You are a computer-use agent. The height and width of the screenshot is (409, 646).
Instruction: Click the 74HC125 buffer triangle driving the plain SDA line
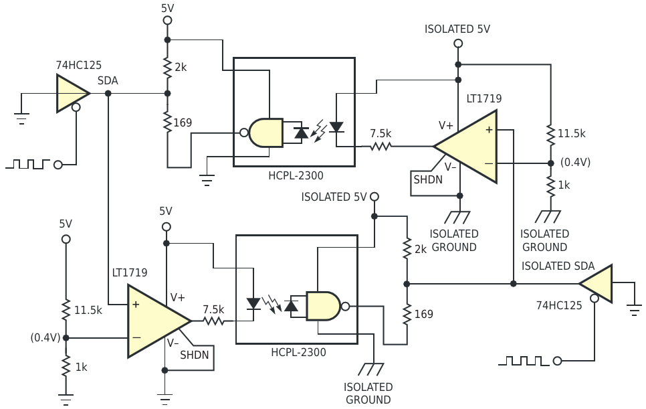(x=71, y=94)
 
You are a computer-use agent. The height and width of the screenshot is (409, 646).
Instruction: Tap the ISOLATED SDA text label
(x=558, y=266)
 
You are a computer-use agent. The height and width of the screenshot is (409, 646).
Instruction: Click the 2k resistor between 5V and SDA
(x=167, y=68)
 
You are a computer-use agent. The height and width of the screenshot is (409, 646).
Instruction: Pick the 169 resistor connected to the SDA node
(x=167, y=122)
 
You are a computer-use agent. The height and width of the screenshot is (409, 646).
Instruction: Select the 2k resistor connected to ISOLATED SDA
(x=407, y=248)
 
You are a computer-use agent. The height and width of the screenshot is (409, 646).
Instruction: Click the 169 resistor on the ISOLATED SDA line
(x=407, y=314)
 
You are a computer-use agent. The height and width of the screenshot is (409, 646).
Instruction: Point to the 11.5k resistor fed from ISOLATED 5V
(x=551, y=134)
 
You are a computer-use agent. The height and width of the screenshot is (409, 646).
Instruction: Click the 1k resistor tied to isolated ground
(x=551, y=185)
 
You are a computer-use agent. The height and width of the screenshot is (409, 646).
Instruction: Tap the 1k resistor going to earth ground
(x=66, y=366)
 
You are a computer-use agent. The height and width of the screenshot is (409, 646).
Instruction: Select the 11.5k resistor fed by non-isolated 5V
(x=66, y=310)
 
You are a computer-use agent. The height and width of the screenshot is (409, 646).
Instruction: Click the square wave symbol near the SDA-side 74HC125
(x=27, y=164)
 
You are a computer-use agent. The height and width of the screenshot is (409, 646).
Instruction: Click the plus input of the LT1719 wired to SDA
(x=136, y=305)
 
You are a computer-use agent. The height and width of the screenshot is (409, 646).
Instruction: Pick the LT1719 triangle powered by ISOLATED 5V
(x=465, y=147)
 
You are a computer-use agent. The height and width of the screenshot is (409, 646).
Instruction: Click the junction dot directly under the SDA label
(x=108, y=94)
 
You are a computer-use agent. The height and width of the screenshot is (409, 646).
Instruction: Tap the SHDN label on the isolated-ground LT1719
(x=428, y=180)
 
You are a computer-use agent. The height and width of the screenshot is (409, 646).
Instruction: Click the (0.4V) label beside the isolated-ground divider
(x=576, y=163)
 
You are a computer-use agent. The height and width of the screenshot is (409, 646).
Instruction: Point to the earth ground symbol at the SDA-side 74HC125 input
(x=21, y=118)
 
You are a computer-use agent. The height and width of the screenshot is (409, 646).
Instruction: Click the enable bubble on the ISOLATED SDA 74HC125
(x=594, y=298)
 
